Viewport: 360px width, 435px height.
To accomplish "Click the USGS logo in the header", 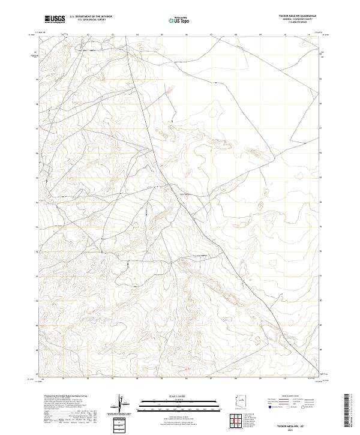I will click(x=55, y=19).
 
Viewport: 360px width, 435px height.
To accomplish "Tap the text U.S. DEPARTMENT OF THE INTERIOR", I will click(x=91, y=17).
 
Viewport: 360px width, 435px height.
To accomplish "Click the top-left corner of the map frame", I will click(x=38, y=34).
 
